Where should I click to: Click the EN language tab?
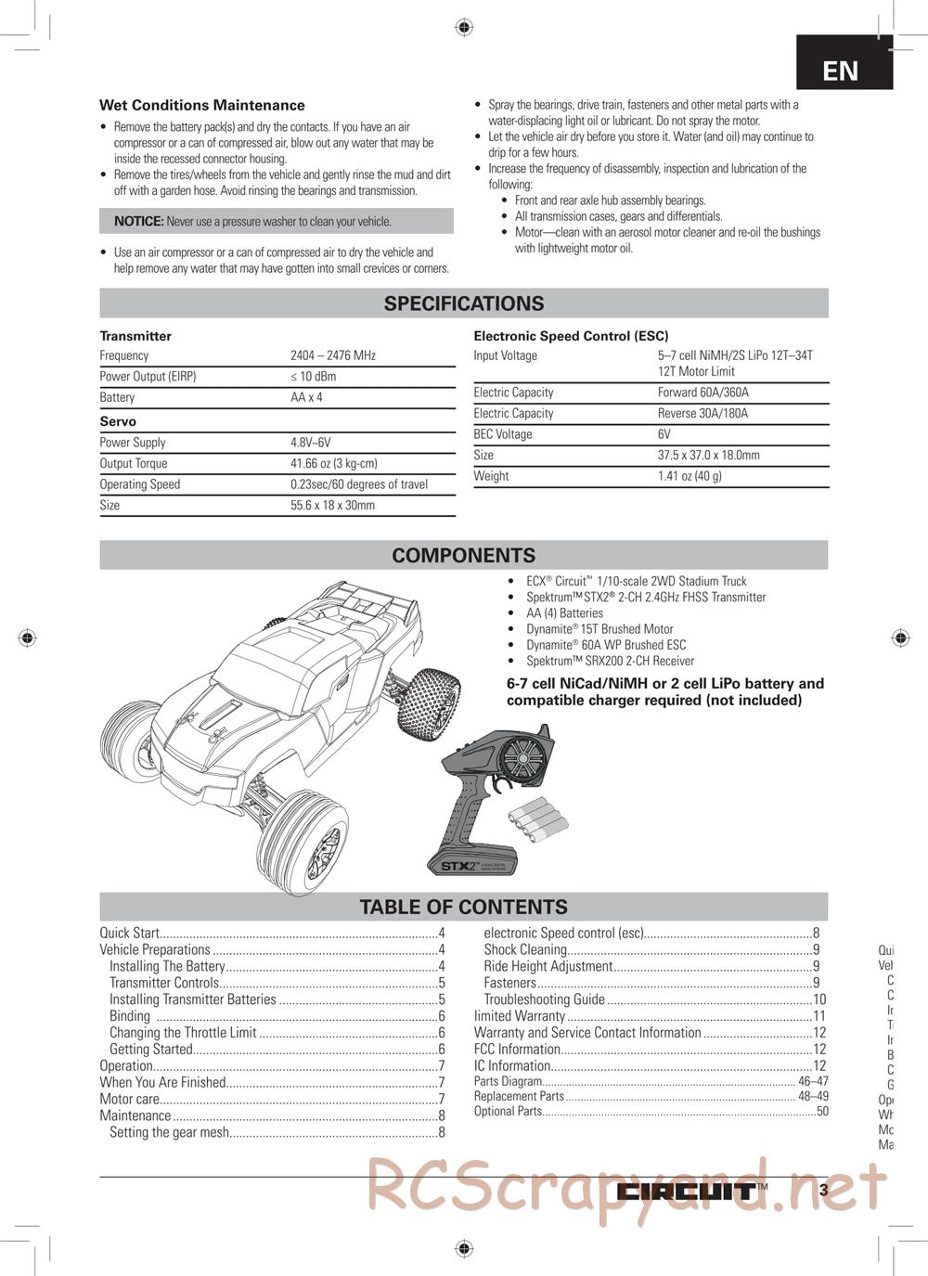click(x=841, y=71)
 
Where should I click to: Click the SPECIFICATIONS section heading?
click(x=464, y=303)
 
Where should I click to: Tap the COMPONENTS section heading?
click(x=464, y=556)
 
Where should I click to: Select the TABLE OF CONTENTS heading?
click(x=464, y=908)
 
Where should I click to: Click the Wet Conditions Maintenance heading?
click(x=202, y=106)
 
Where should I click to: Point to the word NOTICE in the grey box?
click(x=139, y=222)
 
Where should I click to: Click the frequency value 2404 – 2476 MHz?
click(x=333, y=355)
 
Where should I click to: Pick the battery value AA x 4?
click(x=307, y=397)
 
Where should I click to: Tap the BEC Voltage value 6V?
click(x=664, y=434)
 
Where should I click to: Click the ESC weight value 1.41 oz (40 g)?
click(x=690, y=476)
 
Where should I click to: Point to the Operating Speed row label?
click(x=140, y=484)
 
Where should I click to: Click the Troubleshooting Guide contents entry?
click(x=545, y=999)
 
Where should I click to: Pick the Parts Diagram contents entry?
click(x=508, y=1081)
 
